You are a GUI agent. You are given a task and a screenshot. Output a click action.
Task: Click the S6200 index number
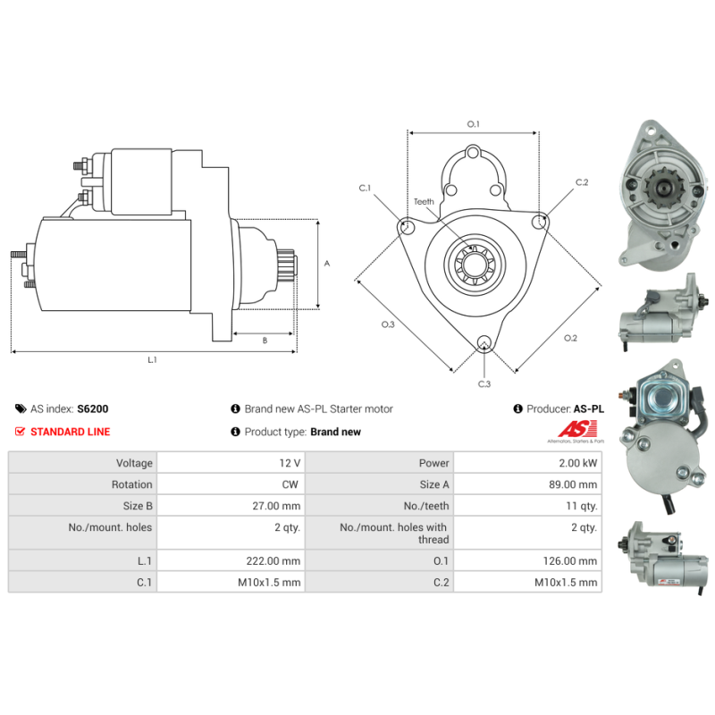click(93, 408)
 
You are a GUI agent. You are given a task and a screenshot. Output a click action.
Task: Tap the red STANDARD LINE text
click(71, 432)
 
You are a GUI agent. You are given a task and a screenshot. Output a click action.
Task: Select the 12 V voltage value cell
click(231, 463)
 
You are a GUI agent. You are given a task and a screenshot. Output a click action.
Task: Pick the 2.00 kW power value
click(577, 463)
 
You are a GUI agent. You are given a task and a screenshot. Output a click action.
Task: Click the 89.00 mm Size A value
click(573, 484)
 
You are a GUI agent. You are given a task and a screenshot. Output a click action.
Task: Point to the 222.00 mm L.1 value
click(273, 561)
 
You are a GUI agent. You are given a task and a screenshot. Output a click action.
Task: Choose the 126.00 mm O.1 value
click(570, 561)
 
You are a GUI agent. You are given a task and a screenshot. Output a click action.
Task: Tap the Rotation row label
click(131, 484)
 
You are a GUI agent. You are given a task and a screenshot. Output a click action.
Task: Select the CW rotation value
click(290, 484)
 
